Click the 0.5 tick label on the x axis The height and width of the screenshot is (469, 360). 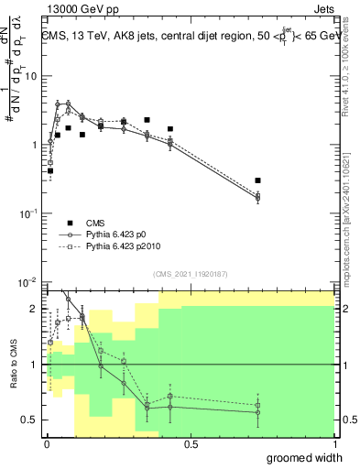point(191,444)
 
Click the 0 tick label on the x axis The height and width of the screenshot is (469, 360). point(47,444)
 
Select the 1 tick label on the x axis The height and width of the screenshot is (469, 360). point(334,444)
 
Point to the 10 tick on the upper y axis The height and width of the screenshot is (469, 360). point(32,76)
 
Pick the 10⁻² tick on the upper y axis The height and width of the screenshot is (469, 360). point(30,281)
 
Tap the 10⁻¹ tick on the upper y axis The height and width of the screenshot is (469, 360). point(30,213)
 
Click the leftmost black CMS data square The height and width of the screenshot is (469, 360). point(50,170)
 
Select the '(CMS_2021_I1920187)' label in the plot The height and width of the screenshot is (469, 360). point(190,273)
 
